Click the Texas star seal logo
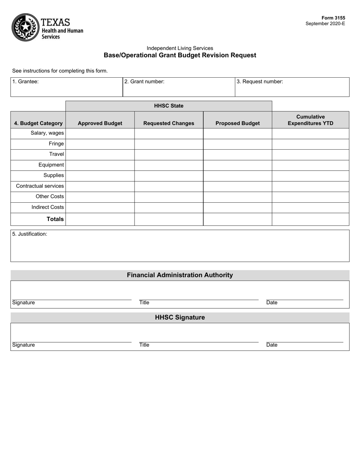(x=25, y=27)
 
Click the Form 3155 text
(x=333, y=18)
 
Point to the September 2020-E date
(x=325, y=23)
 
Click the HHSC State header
(x=169, y=106)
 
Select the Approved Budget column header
(x=100, y=123)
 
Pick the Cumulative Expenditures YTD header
(x=310, y=120)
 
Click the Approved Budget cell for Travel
(x=100, y=155)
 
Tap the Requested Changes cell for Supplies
(x=169, y=176)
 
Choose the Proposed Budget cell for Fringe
(x=238, y=144)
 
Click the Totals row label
(x=55, y=219)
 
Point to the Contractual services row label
(x=40, y=186)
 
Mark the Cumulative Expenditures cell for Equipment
(x=310, y=165)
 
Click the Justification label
(x=30, y=234)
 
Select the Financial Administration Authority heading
(x=180, y=275)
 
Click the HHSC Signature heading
(x=180, y=317)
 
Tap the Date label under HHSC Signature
(x=272, y=345)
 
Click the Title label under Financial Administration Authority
(x=144, y=303)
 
